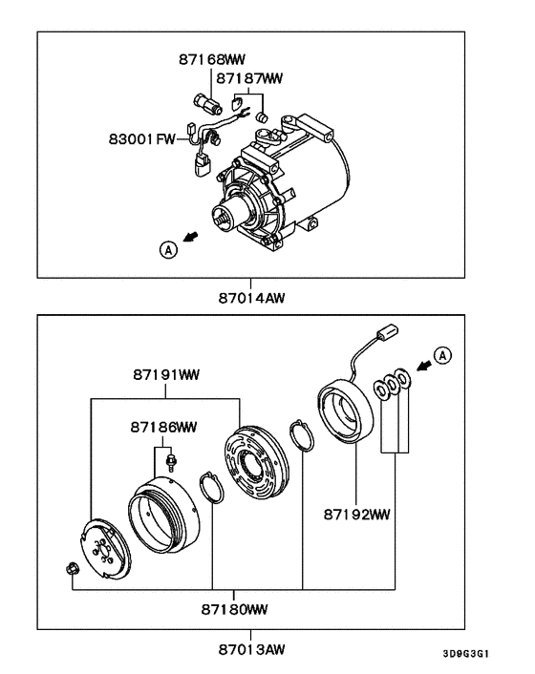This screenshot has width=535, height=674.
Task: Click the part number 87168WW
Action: [211, 59]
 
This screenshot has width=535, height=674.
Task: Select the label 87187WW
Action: [249, 77]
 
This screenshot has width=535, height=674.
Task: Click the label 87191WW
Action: [164, 375]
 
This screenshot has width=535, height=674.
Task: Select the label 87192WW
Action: [356, 515]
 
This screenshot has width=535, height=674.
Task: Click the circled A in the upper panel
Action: [169, 249]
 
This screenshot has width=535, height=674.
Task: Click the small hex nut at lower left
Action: [73, 570]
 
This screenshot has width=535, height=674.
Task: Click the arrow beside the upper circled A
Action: [193, 239]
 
